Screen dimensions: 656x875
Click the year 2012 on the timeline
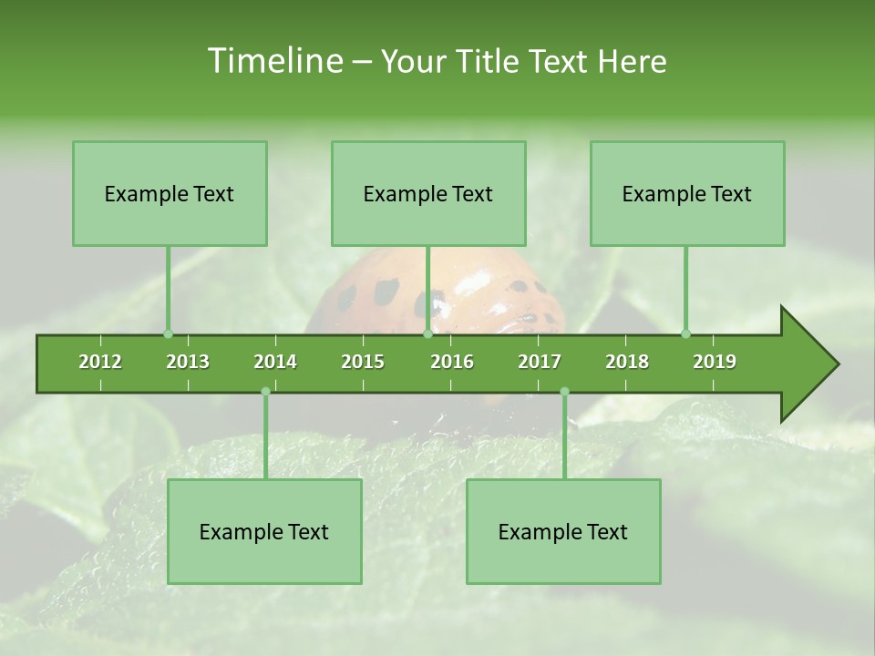pyautogui.click(x=100, y=362)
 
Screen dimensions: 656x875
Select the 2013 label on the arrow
pyautogui.click(x=188, y=362)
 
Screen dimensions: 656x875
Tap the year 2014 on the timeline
pyautogui.click(x=275, y=362)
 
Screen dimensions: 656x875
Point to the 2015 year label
pyautogui.click(x=363, y=362)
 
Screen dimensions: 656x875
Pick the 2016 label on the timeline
pyautogui.click(x=452, y=362)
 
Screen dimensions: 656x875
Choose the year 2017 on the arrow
pyautogui.click(x=540, y=362)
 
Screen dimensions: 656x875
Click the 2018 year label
pyautogui.click(x=627, y=362)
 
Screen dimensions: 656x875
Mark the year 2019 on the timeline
pyautogui.click(x=715, y=362)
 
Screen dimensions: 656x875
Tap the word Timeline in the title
pyautogui.click(x=274, y=61)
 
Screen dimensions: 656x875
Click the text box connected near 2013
pyautogui.click(x=170, y=193)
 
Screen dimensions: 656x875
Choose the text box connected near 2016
pyautogui.click(x=428, y=193)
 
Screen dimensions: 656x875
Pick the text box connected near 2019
pyautogui.click(x=687, y=193)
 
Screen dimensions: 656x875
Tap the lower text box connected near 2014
pyautogui.click(x=264, y=531)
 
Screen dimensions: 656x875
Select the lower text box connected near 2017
pyautogui.click(x=563, y=531)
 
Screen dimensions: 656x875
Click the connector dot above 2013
pyautogui.click(x=168, y=333)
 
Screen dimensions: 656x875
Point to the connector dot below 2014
pyautogui.click(x=265, y=392)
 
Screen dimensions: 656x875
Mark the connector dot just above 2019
pyautogui.click(x=685, y=333)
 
